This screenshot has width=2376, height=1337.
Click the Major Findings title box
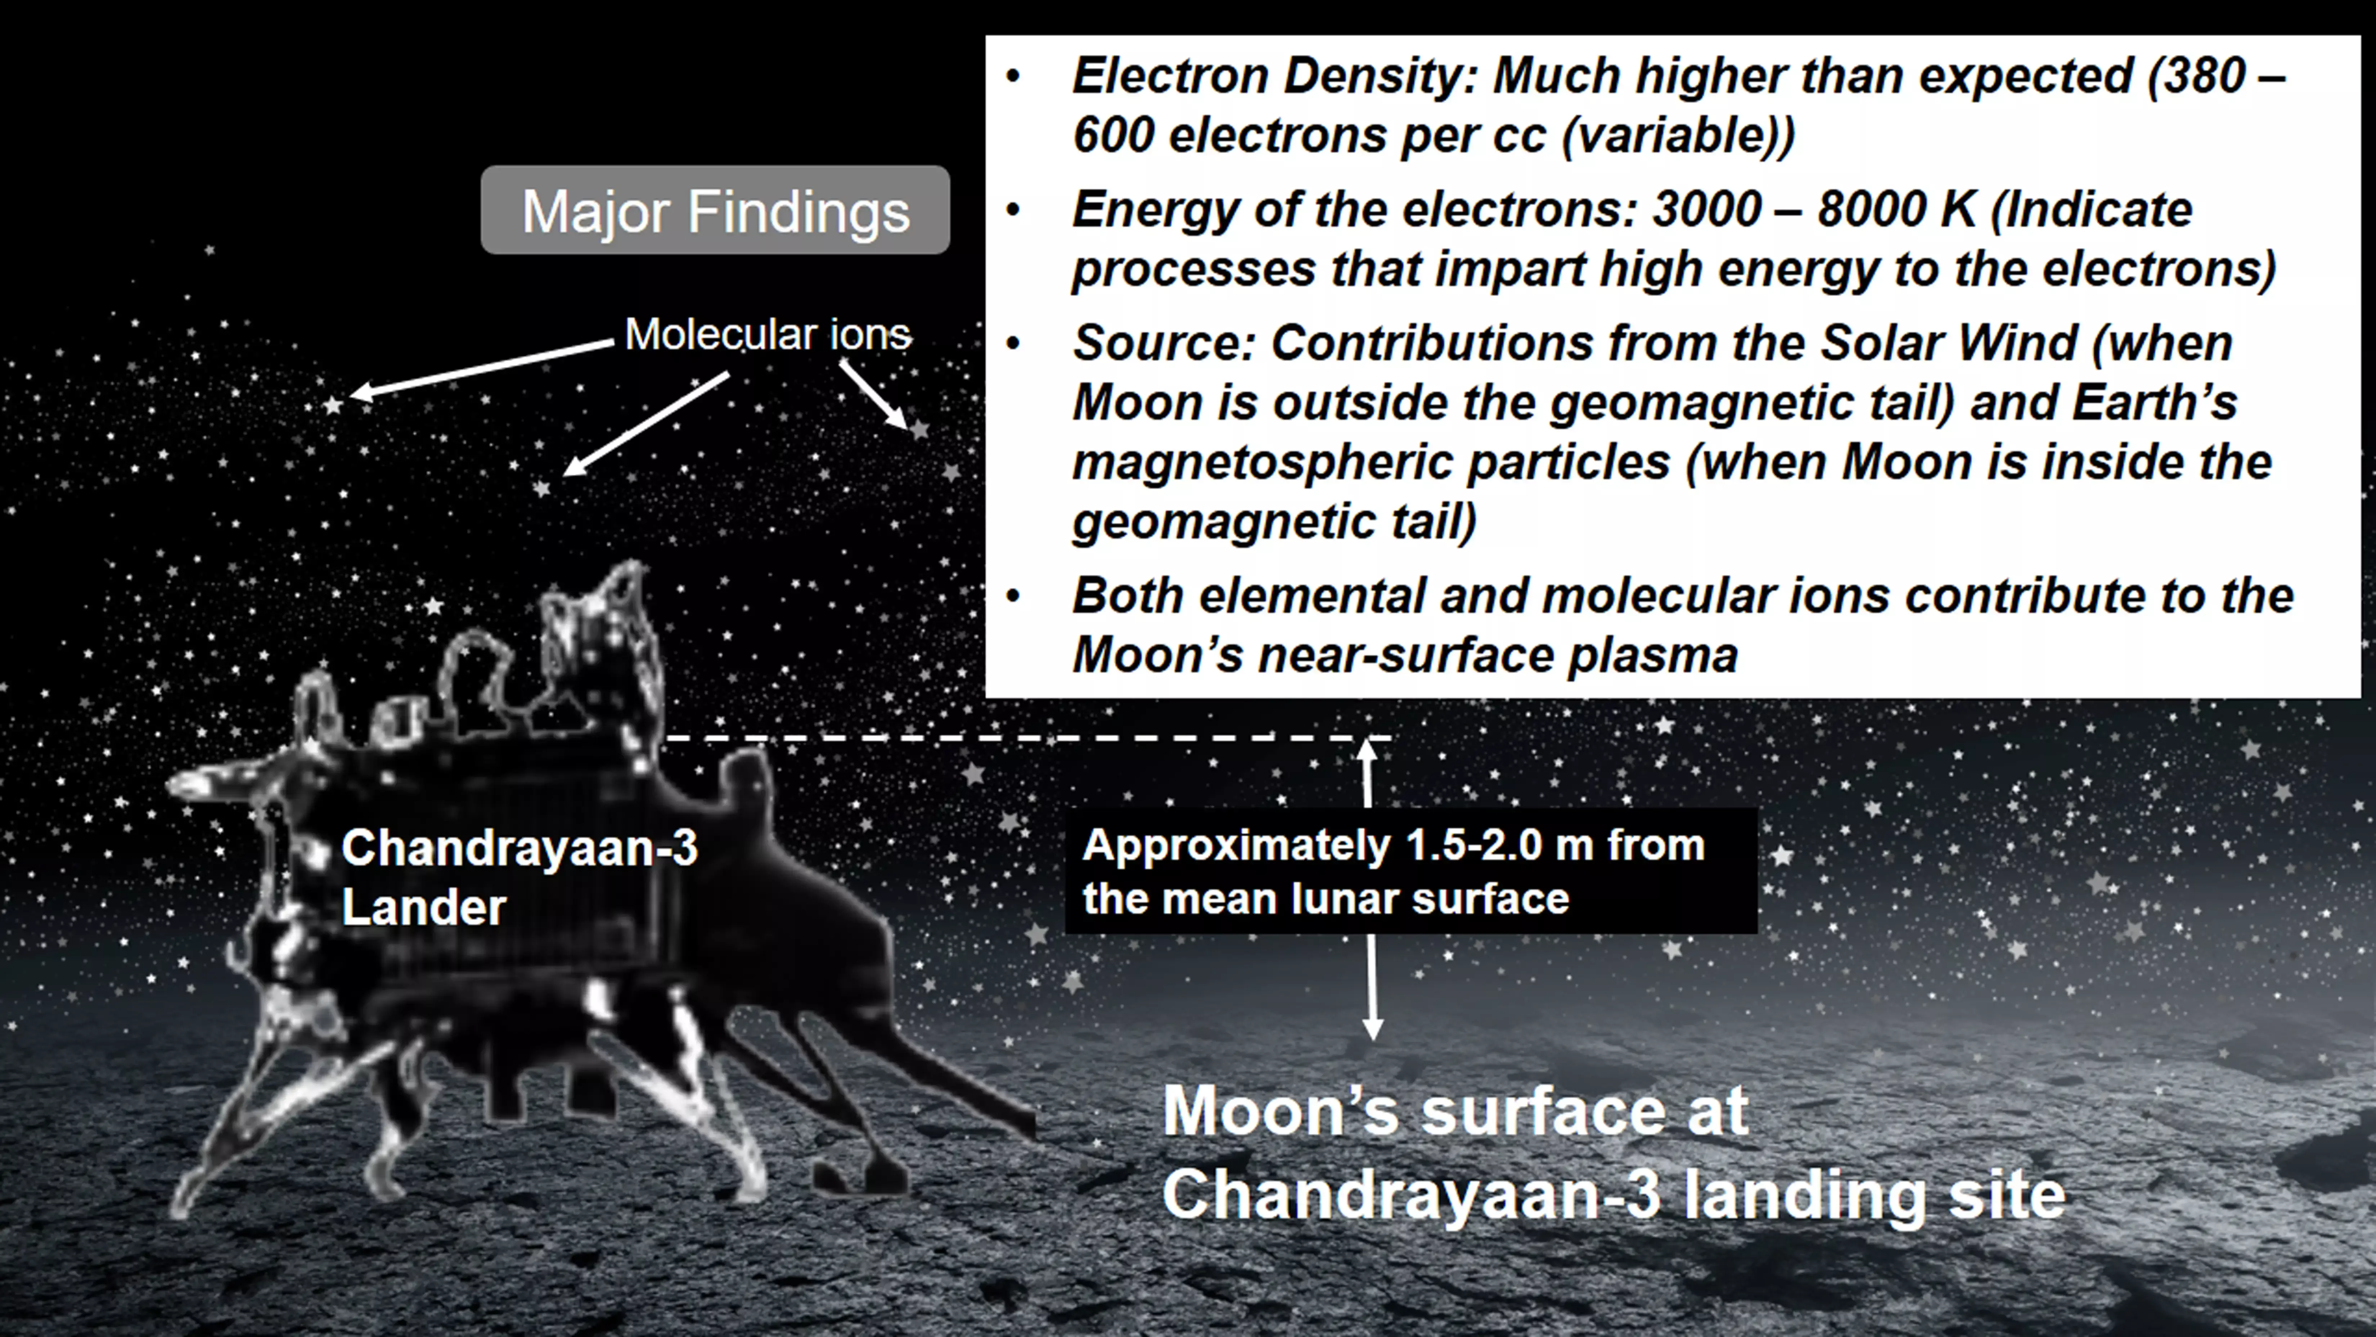(x=715, y=210)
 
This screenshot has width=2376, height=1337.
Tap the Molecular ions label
(x=768, y=334)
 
